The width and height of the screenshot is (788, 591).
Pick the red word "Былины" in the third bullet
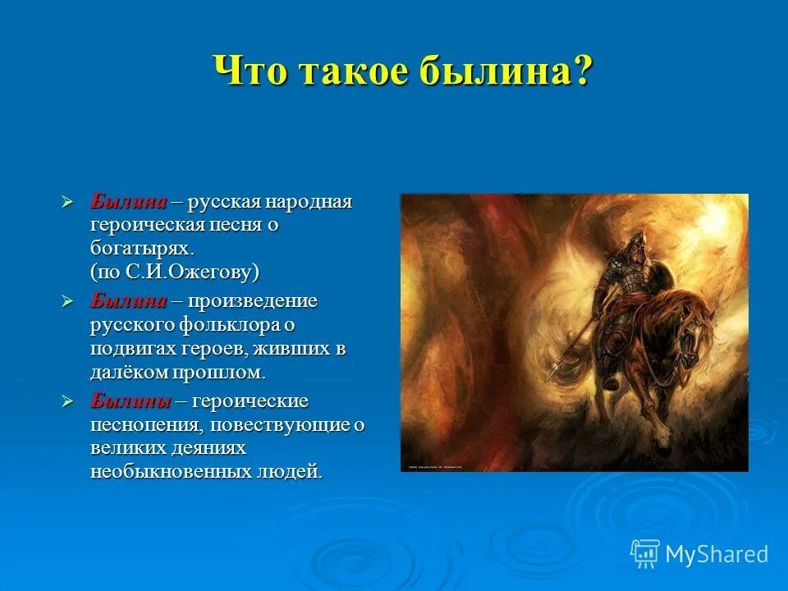point(131,401)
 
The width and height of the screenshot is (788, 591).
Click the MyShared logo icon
point(644,553)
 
